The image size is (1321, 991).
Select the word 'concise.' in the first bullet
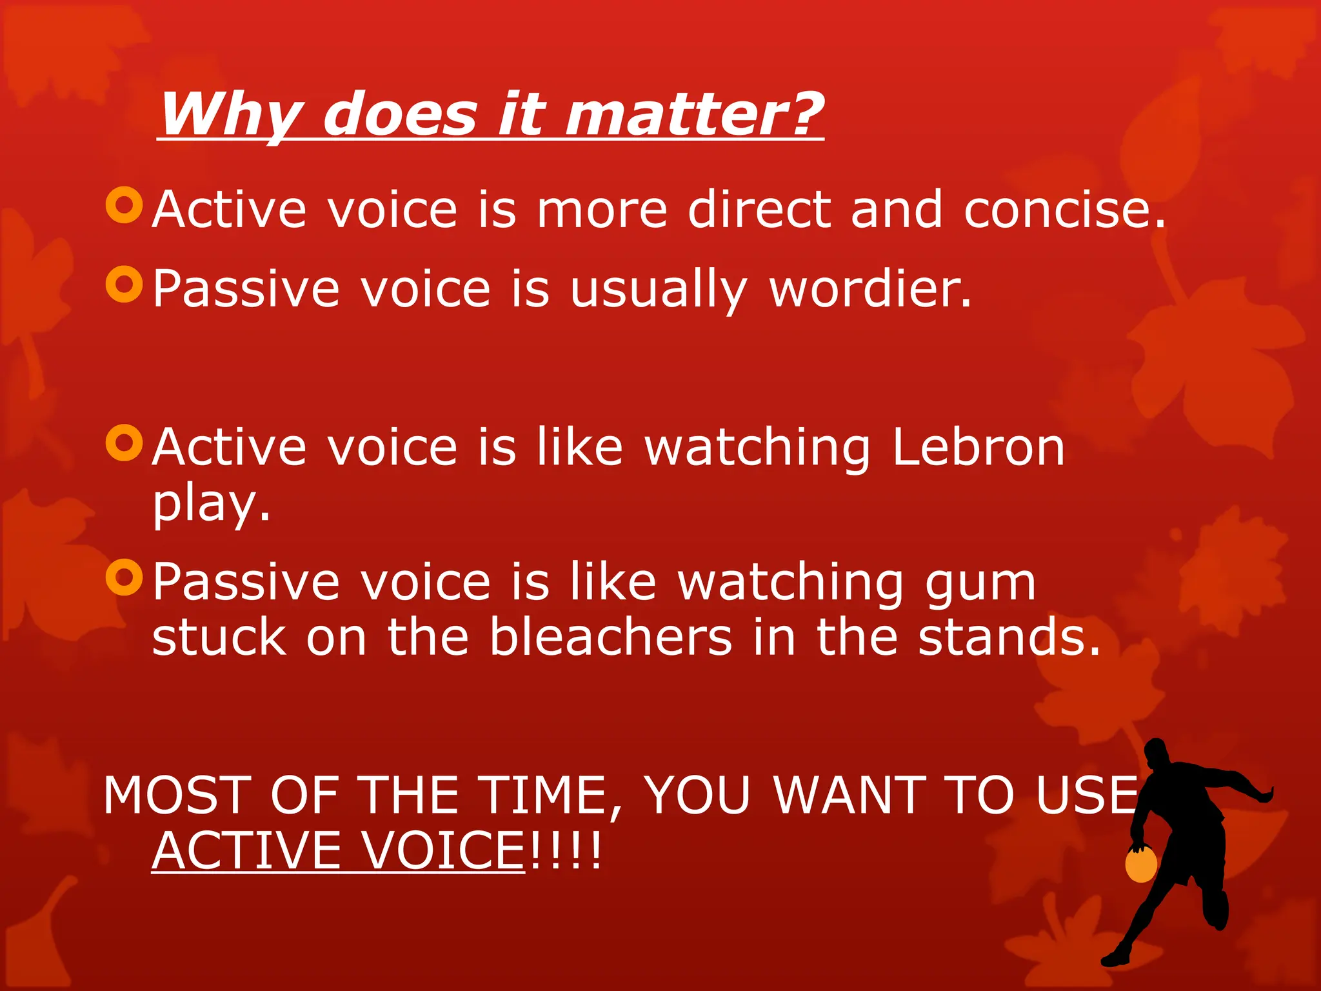[1064, 209]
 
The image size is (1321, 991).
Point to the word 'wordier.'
[871, 288]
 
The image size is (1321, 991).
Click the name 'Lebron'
[978, 447]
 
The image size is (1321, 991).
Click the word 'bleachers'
[610, 637]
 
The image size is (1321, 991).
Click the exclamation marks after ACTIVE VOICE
[565, 850]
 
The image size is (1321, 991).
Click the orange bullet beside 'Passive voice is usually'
[124, 284]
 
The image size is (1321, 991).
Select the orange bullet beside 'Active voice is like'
[124, 443]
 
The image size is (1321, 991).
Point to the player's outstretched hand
[1266, 795]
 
